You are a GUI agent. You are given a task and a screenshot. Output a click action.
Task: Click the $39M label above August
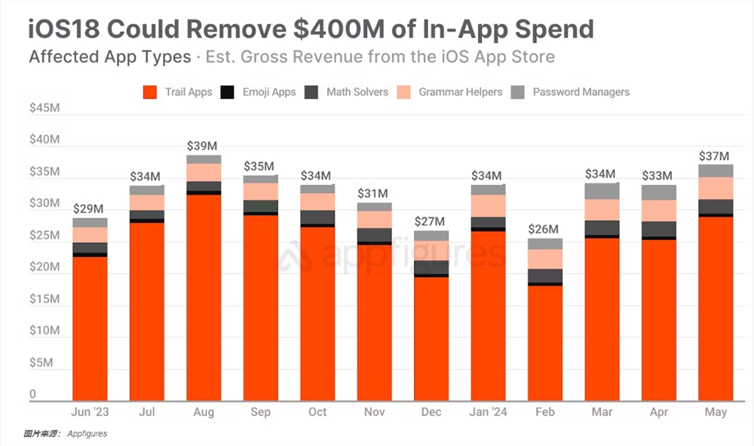click(203, 144)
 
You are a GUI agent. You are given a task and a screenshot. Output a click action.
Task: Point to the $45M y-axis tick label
click(44, 109)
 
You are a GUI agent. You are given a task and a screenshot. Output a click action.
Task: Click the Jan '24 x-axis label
click(489, 412)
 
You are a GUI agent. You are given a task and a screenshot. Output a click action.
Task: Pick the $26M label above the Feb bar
click(544, 229)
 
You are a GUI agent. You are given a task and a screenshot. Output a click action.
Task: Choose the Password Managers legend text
click(581, 92)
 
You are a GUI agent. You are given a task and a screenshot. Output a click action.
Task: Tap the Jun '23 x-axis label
click(90, 412)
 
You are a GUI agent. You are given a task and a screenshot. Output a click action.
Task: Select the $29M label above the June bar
click(89, 208)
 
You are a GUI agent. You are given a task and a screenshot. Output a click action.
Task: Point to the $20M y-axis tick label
click(44, 268)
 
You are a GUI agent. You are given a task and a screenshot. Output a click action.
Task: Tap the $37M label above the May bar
click(715, 156)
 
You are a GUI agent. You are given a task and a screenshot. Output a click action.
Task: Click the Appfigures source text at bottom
click(87, 434)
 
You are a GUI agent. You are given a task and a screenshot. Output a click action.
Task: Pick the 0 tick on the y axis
click(33, 395)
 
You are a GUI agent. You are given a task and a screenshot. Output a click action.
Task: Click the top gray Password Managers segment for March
click(601, 191)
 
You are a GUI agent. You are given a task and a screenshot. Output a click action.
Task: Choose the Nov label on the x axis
click(375, 412)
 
